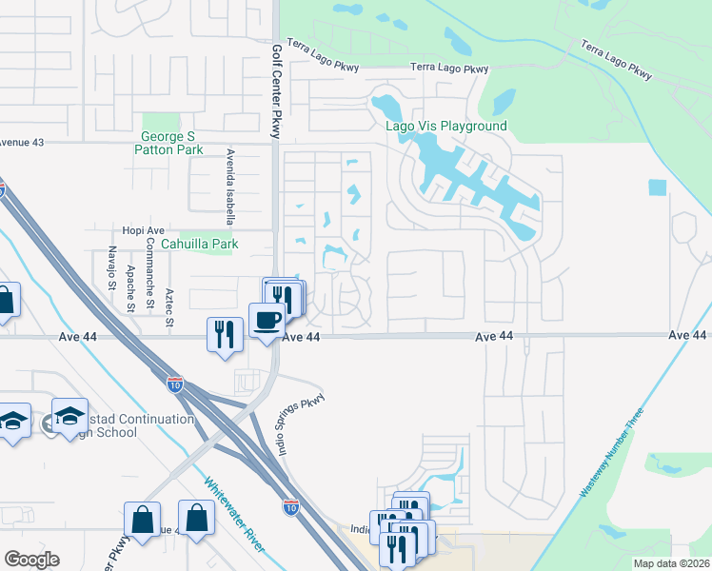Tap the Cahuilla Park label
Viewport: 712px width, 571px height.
199,244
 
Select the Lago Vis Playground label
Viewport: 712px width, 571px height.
445,126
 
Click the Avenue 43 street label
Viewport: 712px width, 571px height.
21,142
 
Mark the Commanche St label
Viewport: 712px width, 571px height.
150,270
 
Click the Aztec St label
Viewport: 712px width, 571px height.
169,307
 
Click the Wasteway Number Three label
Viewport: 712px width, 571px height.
613,453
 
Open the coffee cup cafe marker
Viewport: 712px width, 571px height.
267,320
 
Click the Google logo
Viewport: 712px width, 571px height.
31,559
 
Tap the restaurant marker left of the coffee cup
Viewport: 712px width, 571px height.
225,334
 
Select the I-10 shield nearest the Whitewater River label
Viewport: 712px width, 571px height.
289,508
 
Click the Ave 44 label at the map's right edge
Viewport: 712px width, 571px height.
687,335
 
